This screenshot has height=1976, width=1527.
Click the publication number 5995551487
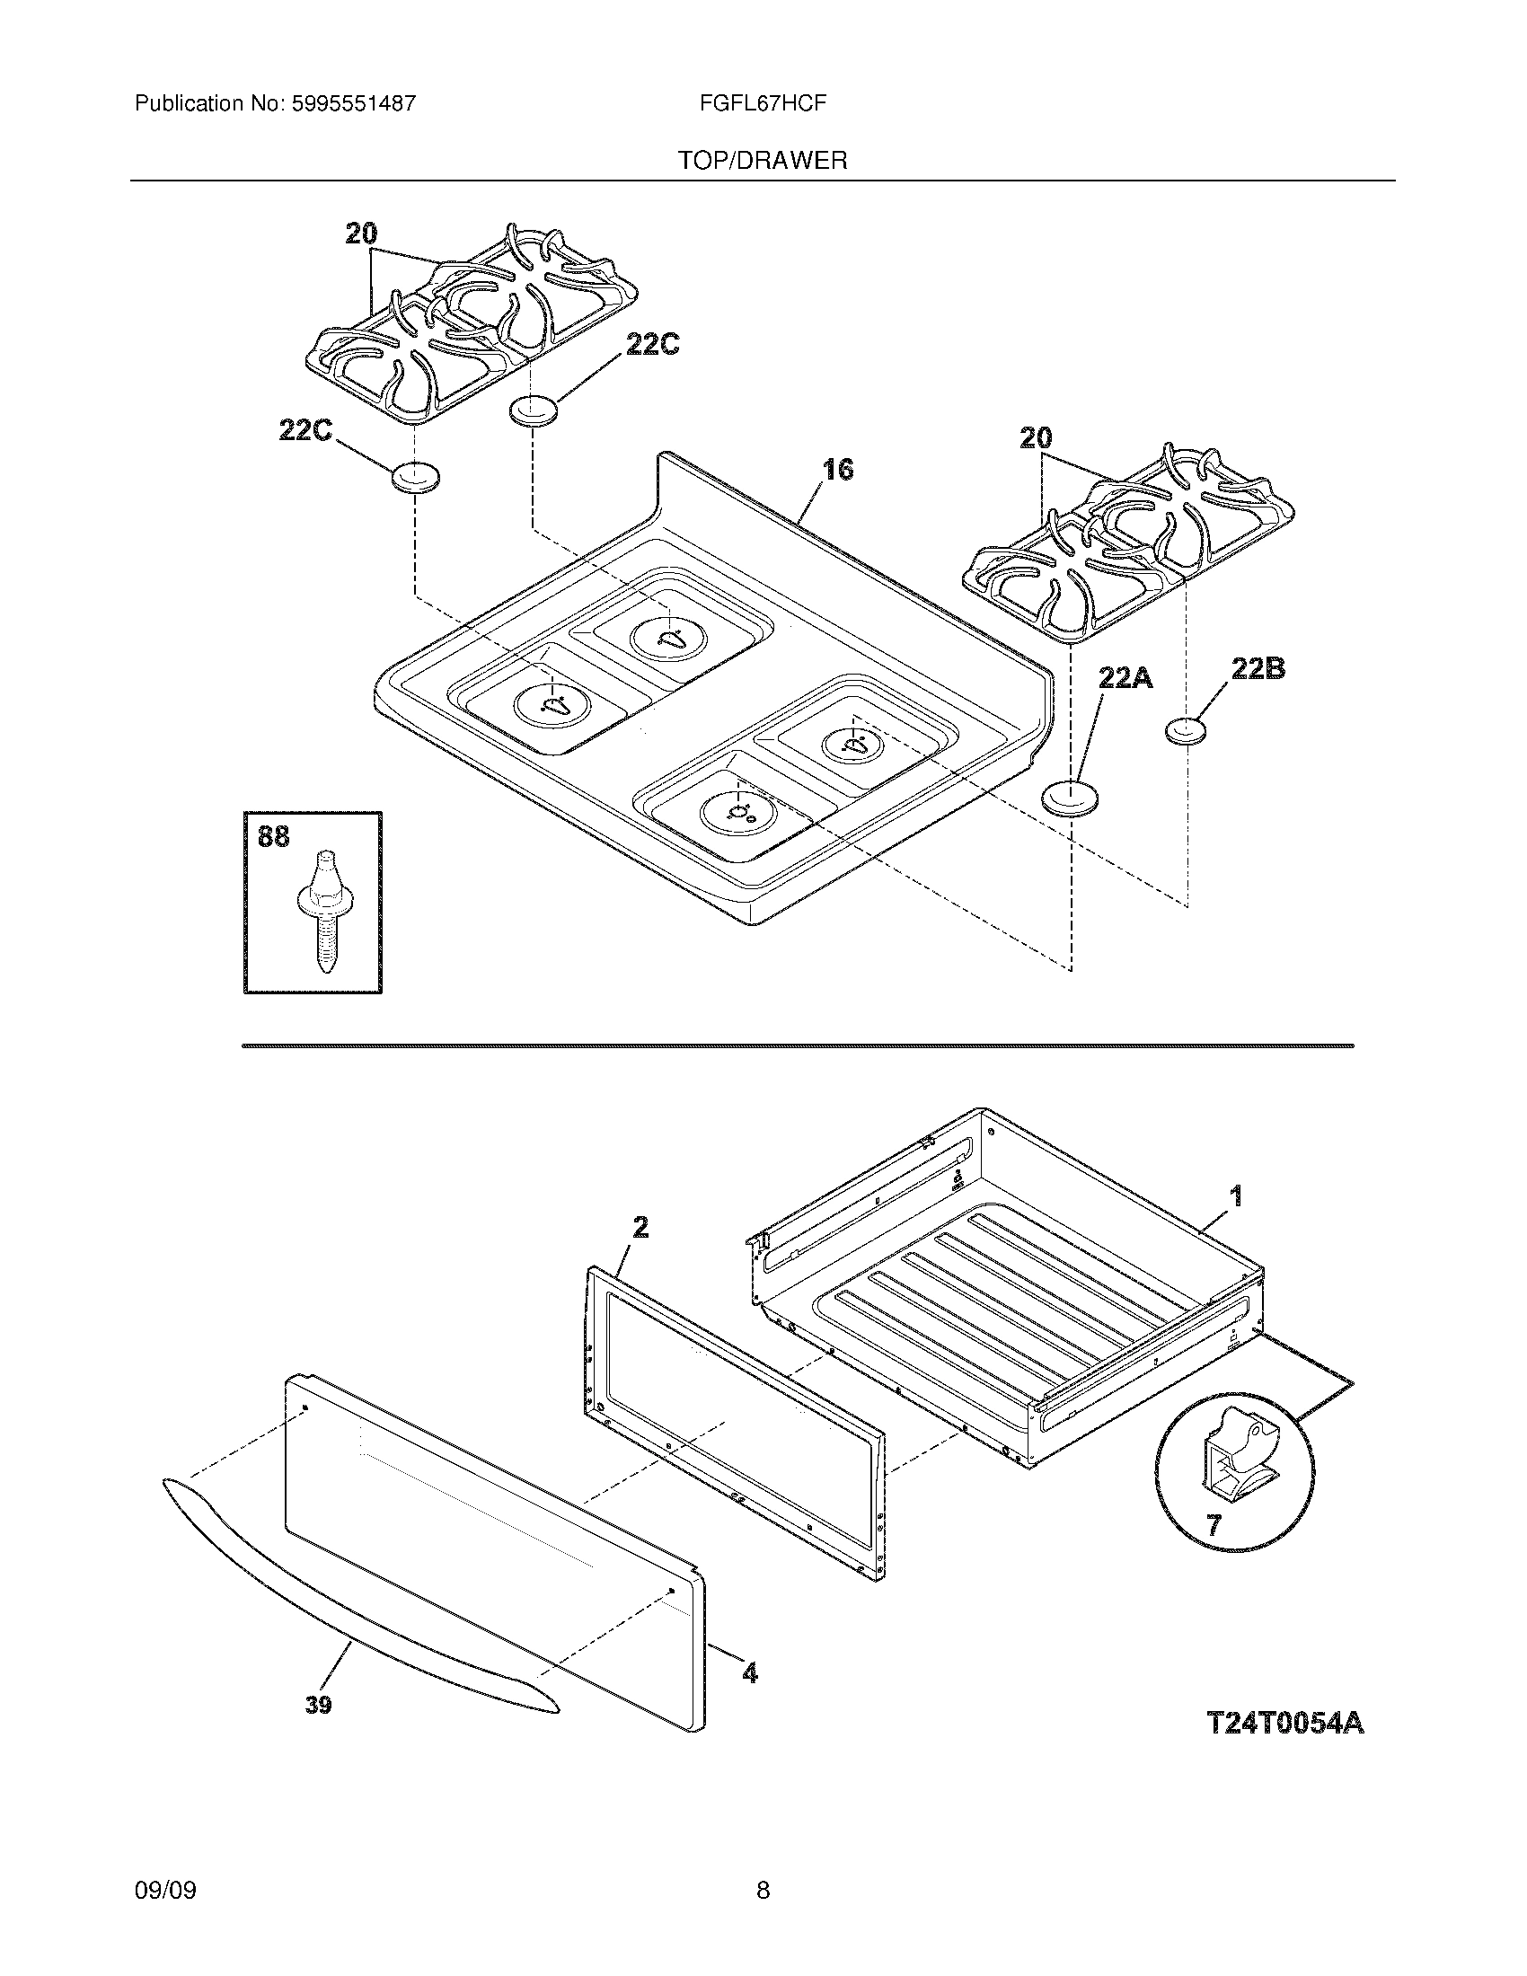tap(353, 104)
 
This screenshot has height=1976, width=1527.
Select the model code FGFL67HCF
tap(762, 104)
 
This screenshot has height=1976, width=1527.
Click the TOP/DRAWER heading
tap(763, 161)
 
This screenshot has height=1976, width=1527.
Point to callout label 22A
tap(1125, 676)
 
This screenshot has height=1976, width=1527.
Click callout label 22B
tap(1258, 668)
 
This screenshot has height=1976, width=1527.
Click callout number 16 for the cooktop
tap(838, 470)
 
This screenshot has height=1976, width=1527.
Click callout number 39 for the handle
tap(317, 1705)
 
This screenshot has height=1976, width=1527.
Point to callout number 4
tap(749, 1673)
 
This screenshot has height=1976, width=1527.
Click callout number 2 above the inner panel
tap(640, 1227)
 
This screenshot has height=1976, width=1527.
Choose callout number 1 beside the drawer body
tap(1235, 1197)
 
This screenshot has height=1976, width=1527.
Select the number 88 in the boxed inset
tap(273, 837)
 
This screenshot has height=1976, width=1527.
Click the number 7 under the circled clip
tap(1214, 1524)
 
